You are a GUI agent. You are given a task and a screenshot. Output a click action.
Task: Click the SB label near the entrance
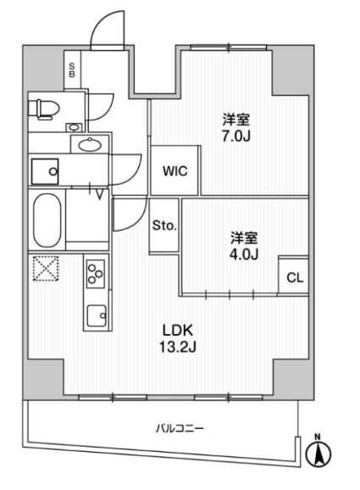(72, 70)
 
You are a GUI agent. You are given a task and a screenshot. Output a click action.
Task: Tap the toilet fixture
(44, 109)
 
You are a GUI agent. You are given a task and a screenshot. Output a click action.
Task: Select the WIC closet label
(174, 171)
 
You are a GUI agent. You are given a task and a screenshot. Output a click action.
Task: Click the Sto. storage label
(164, 226)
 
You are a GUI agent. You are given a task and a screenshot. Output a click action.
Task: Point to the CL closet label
(295, 277)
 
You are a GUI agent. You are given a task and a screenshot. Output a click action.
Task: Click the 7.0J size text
(236, 136)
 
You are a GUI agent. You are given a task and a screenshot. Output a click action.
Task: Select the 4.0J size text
(244, 254)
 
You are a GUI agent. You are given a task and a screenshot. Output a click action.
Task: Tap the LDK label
(178, 330)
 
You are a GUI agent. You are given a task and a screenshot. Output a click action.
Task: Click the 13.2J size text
(178, 346)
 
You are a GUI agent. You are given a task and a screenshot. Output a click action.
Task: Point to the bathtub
(47, 220)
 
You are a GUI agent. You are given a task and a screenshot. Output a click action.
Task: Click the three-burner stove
(95, 274)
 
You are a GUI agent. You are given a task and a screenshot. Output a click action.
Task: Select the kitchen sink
(97, 315)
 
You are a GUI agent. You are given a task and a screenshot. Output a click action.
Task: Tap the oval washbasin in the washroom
(90, 144)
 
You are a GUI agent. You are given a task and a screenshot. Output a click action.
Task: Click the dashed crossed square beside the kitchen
(46, 269)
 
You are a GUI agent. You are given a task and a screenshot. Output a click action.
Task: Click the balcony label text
(180, 428)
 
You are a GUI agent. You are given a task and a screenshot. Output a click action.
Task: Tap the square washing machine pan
(45, 171)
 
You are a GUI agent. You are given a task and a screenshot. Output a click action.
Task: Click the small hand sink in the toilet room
(75, 127)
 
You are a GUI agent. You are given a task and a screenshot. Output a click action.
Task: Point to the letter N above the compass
(318, 437)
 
